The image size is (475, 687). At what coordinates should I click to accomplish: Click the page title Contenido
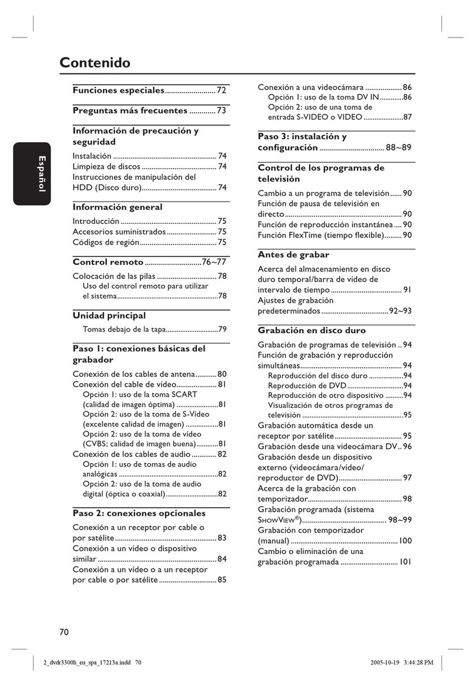tap(95, 63)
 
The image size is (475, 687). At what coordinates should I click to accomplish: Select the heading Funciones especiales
tap(118, 91)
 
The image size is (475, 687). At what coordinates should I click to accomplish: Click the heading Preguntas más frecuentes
tap(130, 110)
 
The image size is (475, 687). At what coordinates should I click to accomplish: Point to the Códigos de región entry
tap(106, 242)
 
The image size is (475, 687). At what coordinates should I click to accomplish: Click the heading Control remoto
tap(108, 262)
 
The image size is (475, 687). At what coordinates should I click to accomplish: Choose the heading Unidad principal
tap(109, 316)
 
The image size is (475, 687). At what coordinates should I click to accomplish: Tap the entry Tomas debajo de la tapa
tap(123, 329)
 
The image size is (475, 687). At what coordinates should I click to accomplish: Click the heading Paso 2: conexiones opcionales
tap(139, 513)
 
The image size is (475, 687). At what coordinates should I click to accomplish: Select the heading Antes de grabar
tap(293, 254)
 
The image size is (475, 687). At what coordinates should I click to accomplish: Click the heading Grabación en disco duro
tap(312, 330)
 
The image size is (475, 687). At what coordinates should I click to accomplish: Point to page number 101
tap(405, 562)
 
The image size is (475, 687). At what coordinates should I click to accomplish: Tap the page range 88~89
tap(398, 148)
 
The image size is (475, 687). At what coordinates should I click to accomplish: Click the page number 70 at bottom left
tap(64, 632)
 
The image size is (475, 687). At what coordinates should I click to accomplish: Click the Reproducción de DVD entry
tap(307, 386)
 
